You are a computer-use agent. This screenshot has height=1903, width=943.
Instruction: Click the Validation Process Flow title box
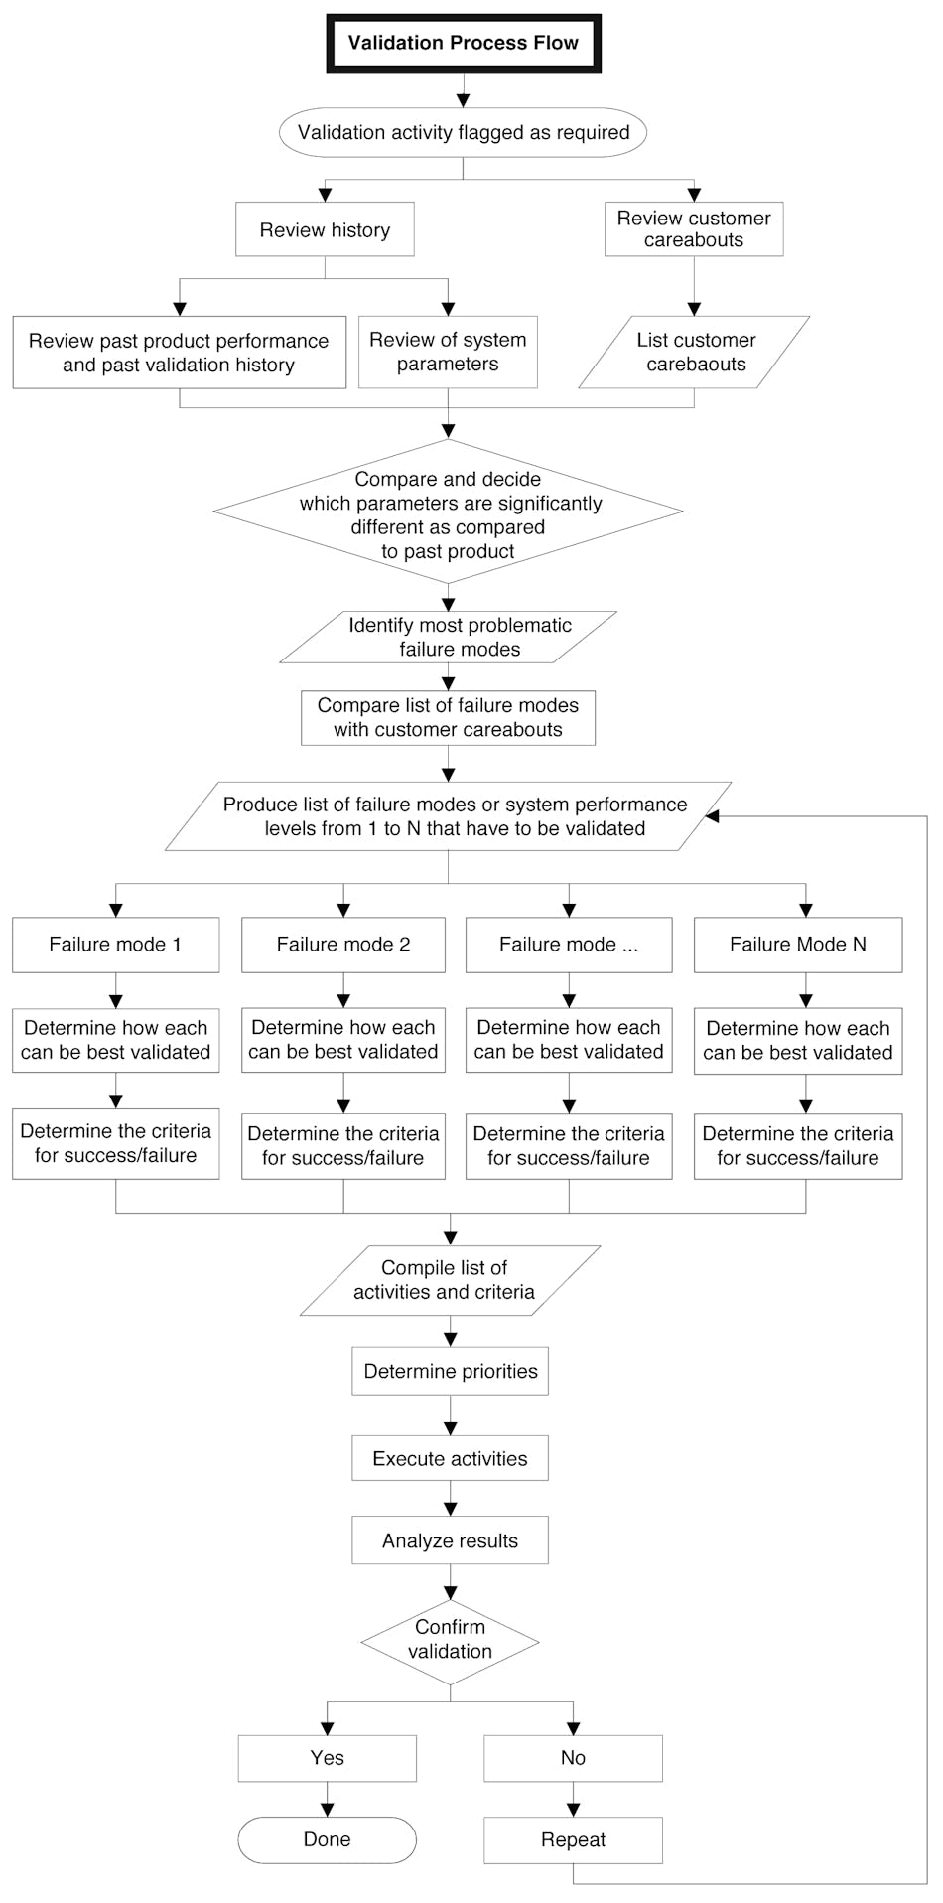point(463,44)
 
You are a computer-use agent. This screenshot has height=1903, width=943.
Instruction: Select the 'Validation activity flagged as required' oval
point(463,133)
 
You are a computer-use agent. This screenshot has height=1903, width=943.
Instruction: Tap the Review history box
point(325,230)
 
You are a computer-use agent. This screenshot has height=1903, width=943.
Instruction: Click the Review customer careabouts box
point(694,229)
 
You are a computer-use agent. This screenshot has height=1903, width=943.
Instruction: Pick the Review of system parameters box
point(448,352)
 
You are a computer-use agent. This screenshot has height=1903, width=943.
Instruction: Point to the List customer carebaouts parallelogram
point(695,352)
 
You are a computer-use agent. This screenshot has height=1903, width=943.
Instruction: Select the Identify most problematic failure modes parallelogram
point(449,638)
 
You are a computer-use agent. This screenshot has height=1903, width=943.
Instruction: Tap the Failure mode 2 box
point(343,945)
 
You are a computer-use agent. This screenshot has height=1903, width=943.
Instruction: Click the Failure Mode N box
point(798,945)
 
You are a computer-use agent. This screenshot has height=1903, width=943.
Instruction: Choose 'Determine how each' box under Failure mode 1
point(116,1040)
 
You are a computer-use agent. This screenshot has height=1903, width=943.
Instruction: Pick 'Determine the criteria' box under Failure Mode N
point(798,1146)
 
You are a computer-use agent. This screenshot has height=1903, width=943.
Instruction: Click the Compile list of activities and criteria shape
point(449,1280)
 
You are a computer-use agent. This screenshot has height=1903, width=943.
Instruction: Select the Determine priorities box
point(450,1372)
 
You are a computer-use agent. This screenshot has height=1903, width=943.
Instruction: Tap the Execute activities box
point(450,1459)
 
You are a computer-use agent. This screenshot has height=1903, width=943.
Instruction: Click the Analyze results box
point(450,1541)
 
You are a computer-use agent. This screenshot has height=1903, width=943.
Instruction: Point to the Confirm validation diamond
point(450,1640)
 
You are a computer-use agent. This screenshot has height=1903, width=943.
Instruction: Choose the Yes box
point(327,1759)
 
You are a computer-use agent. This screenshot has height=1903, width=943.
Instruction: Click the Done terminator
point(327,1840)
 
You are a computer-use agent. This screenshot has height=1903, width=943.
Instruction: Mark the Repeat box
point(573,1840)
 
